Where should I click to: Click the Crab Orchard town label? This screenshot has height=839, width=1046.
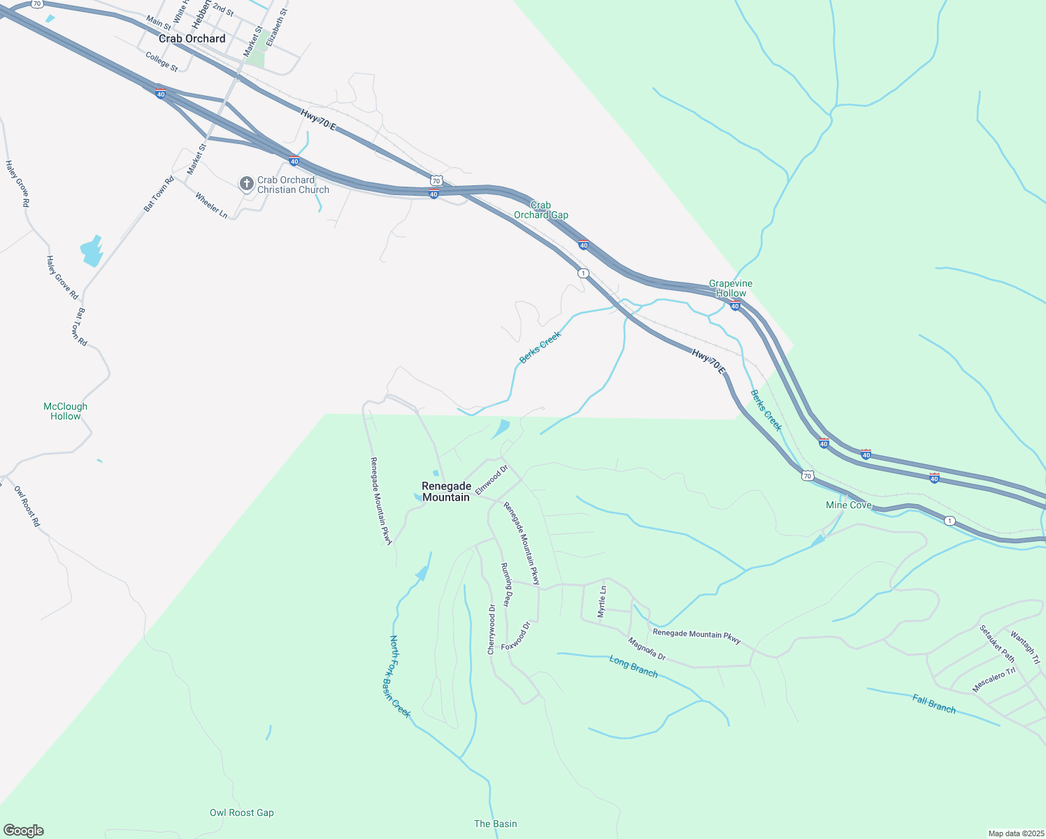coord(192,39)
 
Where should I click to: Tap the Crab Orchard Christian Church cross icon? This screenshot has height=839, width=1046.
coord(246,184)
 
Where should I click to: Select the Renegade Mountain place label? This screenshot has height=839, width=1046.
coord(446,492)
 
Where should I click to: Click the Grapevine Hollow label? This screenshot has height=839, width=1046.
coord(731,288)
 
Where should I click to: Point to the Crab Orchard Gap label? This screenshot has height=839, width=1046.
coord(541,210)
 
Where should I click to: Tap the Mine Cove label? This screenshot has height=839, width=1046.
coord(849,505)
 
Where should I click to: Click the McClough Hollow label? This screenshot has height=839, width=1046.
coord(66,411)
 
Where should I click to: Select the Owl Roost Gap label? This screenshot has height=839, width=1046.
coord(242,812)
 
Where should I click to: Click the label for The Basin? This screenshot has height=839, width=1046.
coord(496,824)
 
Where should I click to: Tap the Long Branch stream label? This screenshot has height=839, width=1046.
coord(633,666)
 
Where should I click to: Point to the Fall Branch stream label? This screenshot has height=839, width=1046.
coord(934,703)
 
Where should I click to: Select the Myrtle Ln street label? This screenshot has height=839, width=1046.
coord(603,601)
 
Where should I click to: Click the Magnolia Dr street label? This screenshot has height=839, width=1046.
coord(647,649)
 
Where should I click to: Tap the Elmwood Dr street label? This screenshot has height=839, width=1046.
coord(492,480)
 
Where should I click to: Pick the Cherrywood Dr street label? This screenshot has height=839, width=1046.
coord(492,629)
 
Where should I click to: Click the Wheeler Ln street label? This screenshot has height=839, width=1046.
coord(211,205)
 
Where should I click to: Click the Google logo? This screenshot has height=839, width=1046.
coord(23,831)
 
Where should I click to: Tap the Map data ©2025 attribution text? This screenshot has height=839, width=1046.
coord(1015,833)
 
